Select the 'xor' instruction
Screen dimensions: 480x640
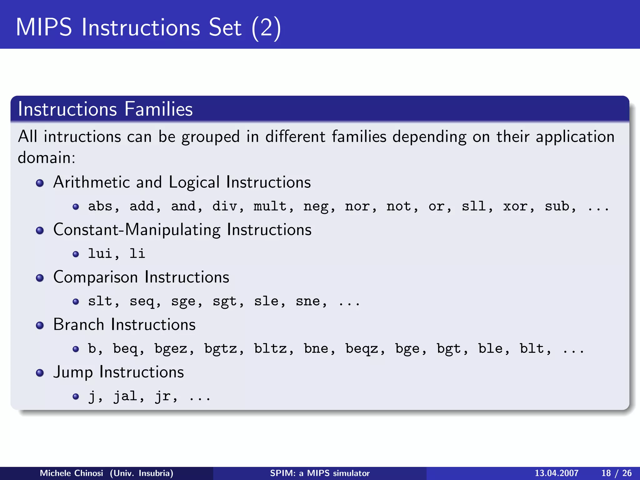(515, 206)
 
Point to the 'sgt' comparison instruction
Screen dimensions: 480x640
(224, 301)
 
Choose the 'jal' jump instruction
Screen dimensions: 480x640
(125, 396)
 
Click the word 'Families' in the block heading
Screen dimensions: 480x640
(158, 109)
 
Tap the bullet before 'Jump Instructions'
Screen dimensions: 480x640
(40, 373)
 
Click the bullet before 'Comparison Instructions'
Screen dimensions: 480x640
(40, 278)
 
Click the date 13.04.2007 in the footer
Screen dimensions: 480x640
(557, 473)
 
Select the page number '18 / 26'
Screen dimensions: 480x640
(616, 473)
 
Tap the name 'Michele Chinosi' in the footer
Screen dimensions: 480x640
(71, 473)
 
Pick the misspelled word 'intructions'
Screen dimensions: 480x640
(82, 137)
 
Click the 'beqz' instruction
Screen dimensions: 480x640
(362, 349)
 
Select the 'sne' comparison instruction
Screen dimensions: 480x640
(308, 301)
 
